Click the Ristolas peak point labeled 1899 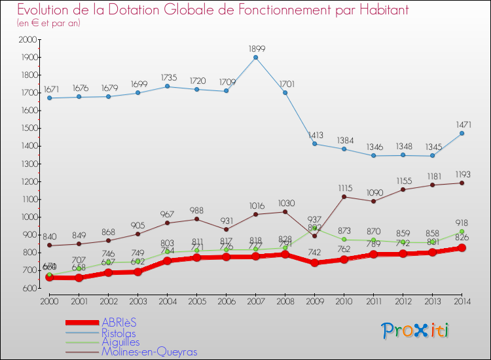(255, 57)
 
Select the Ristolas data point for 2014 (462, 133)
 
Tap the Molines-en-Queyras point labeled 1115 (344, 197)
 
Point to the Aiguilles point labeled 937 (315, 228)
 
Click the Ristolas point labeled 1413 (314, 143)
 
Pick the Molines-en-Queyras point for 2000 (49, 245)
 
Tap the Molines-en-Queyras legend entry (149, 351)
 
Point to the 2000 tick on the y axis (29, 40)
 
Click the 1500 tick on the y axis (29, 128)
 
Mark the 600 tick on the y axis (31, 288)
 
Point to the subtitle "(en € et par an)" (48, 24)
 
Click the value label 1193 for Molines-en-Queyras (462, 175)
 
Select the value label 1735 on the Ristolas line (167, 77)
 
